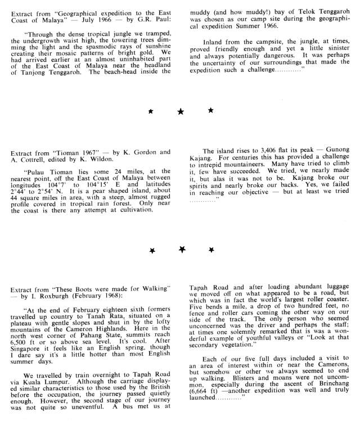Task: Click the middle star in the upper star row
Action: click(181, 112)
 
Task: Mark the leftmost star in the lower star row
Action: click(152, 249)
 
